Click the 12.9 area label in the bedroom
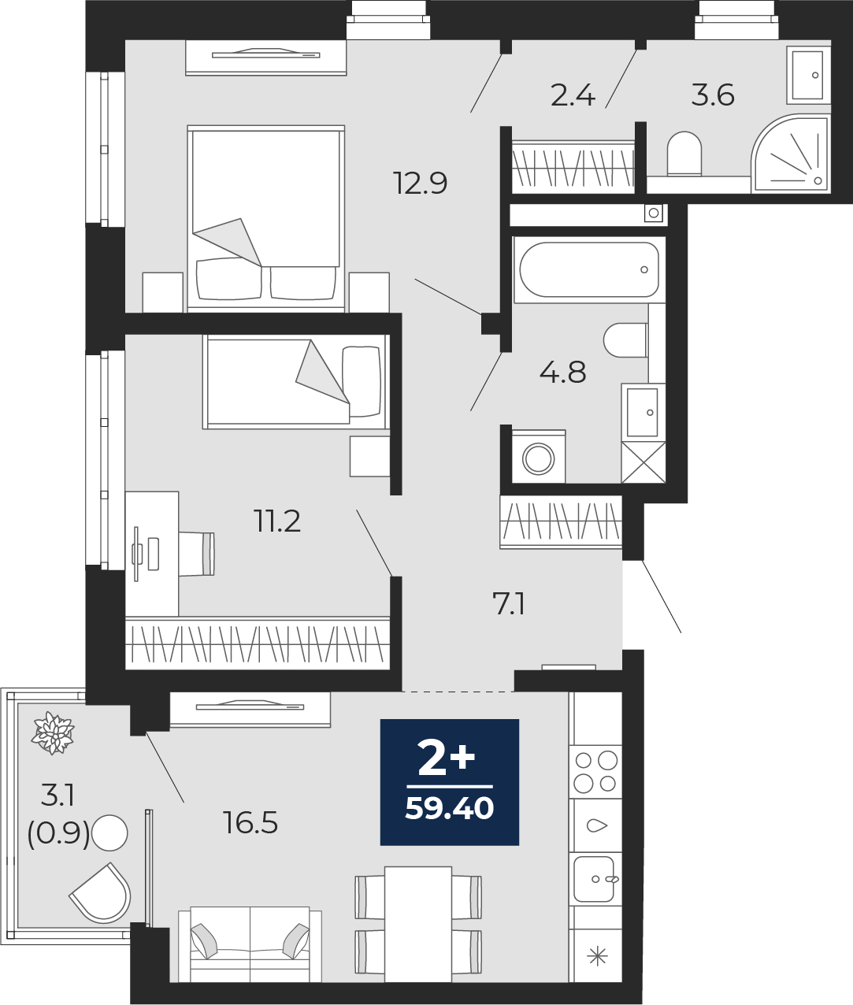point(421,184)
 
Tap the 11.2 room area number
point(278,521)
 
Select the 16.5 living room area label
point(251,824)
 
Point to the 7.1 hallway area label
point(509,606)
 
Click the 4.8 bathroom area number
point(563,373)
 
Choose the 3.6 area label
point(713,95)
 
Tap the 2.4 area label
point(573,95)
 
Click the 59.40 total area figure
point(450,809)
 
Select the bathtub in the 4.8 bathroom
point(589,270)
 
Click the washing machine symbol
point(539,457)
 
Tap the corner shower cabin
point(790,154)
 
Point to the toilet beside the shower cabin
point(684,153)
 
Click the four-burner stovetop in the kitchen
point(596,772)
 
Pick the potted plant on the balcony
point(53,733)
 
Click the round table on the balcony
point(109,833)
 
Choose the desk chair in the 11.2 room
point(196,554)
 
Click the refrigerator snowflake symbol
point(597,956)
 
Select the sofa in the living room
point(250,944)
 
